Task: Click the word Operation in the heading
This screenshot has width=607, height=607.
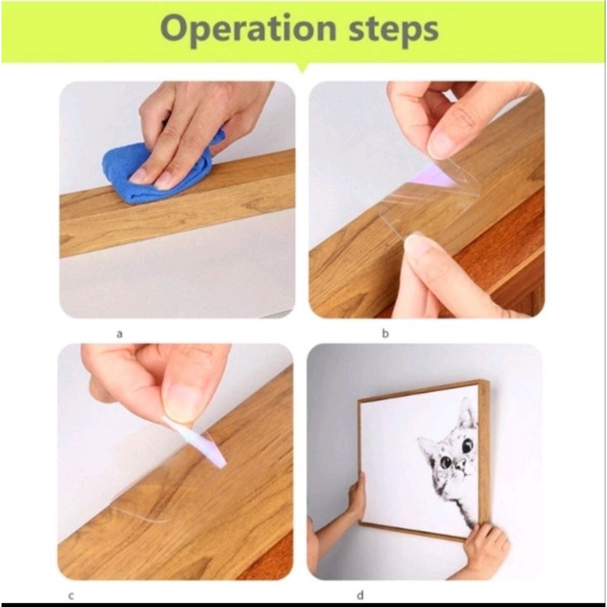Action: [248, 28]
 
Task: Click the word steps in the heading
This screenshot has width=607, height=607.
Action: [394, 30]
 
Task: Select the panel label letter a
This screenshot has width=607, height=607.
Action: [119, 334]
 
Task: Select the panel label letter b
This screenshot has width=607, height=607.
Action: [385, 333]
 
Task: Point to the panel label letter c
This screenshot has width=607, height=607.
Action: [71, 596]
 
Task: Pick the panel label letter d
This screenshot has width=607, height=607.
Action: [360, 595]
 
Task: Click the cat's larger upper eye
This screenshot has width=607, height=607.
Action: [467, 445]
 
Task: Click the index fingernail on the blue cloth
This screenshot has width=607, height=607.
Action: [139, 176]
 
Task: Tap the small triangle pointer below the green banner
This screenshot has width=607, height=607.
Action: [303, 68]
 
